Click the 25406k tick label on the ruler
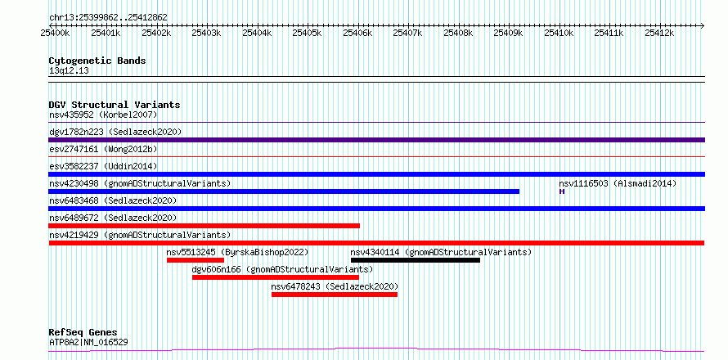tap(357, 33)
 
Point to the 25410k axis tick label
tap(559, 33)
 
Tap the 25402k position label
tap(156, 33)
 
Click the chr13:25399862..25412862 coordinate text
tap(108, 18)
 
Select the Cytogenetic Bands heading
tap(97, 61)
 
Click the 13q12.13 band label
tap(69, 71)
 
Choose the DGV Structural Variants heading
tap(115, 105)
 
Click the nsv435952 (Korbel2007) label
tap(103, 115)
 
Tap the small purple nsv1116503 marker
tap(562, 191)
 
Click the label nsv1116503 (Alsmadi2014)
tap(618, 183)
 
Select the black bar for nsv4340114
tap(415, 260)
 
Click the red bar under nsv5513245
tap(195, 260)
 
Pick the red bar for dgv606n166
tap(276, 277)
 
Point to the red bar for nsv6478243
tap(335, 295)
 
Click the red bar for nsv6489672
tap(204, 226)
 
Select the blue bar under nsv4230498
tap(284, 191)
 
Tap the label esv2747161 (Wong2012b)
tap(103, 149)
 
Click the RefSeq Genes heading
tap(83, 333)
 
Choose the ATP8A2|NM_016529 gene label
tap(88, 343)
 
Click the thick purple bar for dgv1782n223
tap(377, 140)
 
